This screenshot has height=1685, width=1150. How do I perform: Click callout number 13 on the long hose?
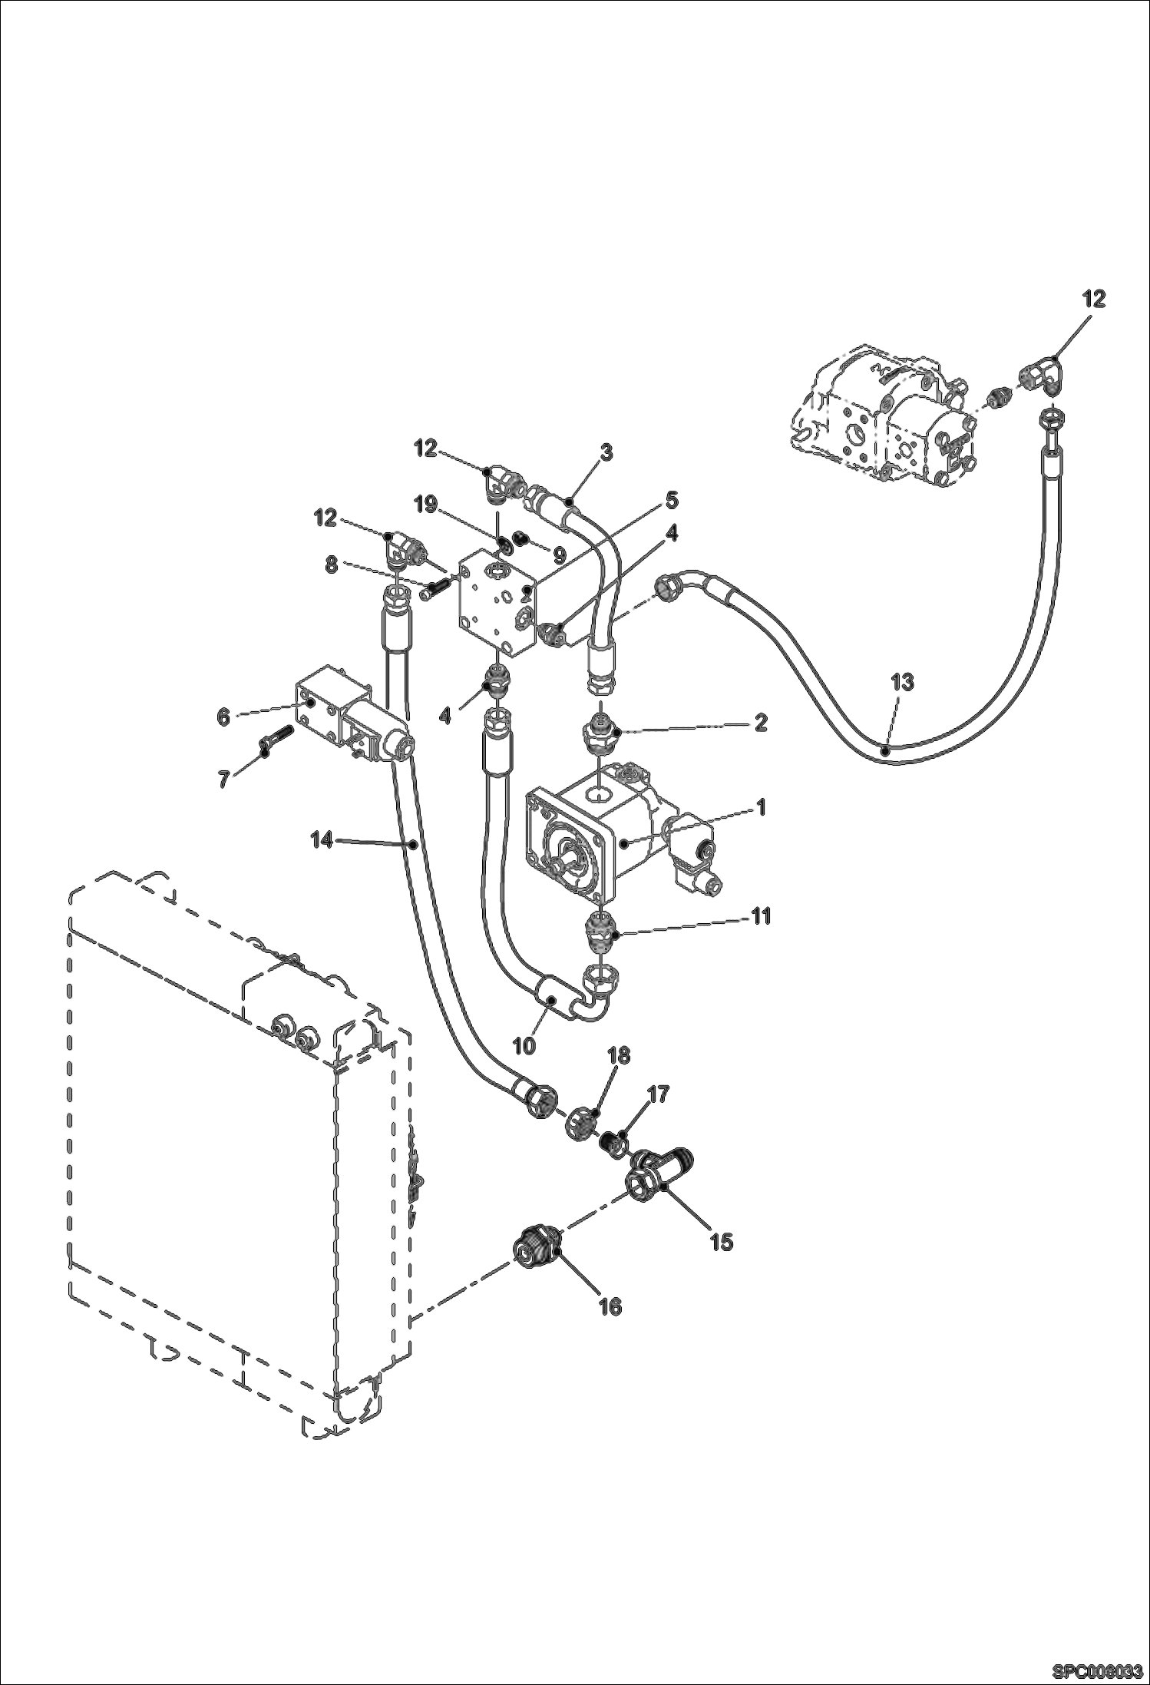tap(903, 681)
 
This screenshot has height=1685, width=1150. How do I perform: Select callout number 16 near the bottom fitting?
tap(610, 1306)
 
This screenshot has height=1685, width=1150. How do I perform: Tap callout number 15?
tap(721, 1242)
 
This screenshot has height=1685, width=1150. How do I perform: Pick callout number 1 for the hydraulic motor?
tap(760, 807)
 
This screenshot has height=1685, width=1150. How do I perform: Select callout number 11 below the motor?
tap(760, 916)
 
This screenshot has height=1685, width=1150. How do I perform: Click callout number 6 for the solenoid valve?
tap(223, 717)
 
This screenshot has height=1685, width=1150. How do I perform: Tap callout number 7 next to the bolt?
tap(223, 780)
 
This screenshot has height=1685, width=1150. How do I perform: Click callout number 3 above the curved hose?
tap(606, 452)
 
